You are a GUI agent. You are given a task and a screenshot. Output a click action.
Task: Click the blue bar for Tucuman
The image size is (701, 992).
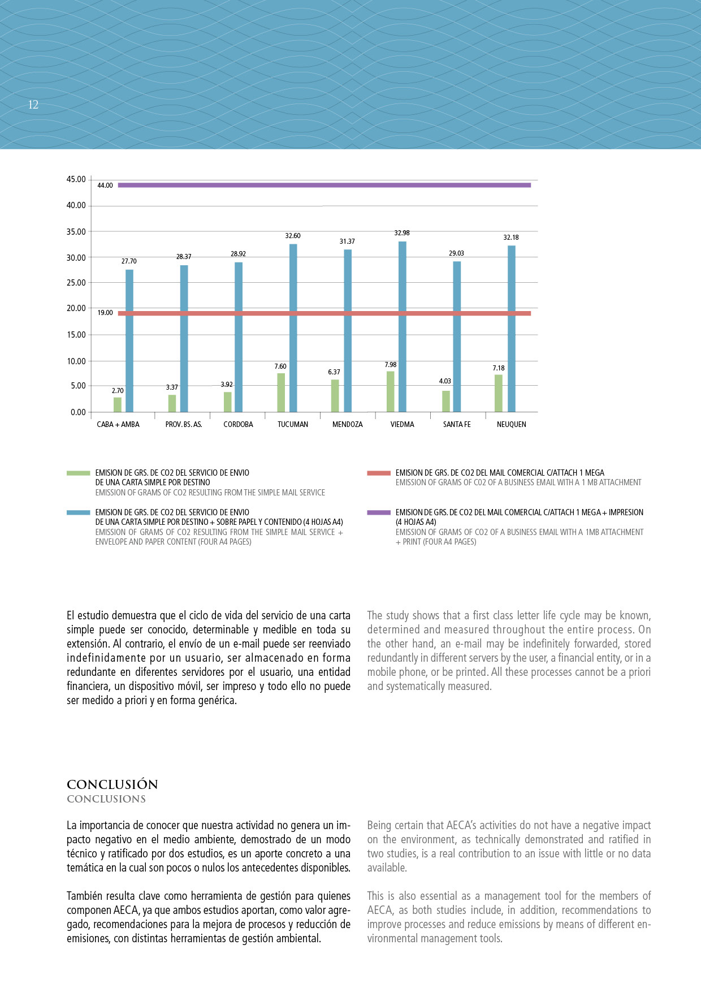pyautogui.click(x=293, y=328)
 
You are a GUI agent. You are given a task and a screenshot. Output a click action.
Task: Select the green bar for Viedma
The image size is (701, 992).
pyautogui.click(x=390, y=391)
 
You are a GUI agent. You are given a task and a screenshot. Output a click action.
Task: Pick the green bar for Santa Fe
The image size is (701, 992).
pyautogui.click(x=446, y=401)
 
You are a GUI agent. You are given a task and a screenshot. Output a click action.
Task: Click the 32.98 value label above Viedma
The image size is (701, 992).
pyautogui.click(x=402, y=233)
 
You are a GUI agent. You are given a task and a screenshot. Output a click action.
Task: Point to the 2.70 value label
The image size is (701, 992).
pyautogui.click(x=118, y=391)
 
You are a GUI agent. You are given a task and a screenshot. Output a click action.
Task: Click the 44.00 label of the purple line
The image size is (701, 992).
pyautogui.click(x=105, y=186)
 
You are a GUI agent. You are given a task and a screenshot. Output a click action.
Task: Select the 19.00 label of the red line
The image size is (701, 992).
pyautogui.click(x=105, y=313)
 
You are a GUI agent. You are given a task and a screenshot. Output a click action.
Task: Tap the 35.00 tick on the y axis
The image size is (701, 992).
pyautogui.click(x=76, y=232)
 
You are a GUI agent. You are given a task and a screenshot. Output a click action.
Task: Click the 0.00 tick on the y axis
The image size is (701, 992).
pyautogui.click(x=78, y=412)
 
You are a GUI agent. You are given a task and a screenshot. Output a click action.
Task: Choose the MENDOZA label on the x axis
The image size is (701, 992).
pyautogui.click(x=348, y=425)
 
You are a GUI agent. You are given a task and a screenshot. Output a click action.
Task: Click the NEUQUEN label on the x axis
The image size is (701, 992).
pyautogui.click(x=511, y=425)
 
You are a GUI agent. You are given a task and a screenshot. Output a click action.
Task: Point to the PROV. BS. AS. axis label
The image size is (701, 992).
pyautogui.click(x=184, y=425)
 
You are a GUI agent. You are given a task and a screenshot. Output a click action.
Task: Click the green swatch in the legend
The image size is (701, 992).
pyautogui.click(x=78, y=473)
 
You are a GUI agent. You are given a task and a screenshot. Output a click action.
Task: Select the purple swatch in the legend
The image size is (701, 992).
pyautogui.click(x=379, y=512)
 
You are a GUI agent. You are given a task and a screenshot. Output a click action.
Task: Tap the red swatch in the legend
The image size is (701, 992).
pyautogui.click(x=379, y=473)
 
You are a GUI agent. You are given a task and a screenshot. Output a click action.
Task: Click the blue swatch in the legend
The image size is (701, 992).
pyautogui.click(x=78, y=512)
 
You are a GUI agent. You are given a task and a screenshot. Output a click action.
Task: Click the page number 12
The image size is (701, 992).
pyautogui.click(x=33, y=105)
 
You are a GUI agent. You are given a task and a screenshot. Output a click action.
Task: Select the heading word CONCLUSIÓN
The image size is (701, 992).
pyautogui.click(x=112, y=784)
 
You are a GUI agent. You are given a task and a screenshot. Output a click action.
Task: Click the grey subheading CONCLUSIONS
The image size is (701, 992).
pyautogui.click(x=106, y=799)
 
